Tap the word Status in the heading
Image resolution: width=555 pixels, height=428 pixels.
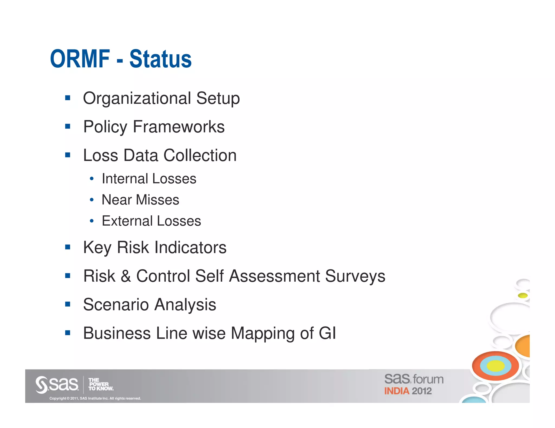coord(160,59)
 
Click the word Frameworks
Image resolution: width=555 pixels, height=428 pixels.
coord(179,127)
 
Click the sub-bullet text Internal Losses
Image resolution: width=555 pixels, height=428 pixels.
coord(149,179)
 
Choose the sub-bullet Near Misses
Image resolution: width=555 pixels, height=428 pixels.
coord(140,200)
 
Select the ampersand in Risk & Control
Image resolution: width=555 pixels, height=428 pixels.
coord(125,276)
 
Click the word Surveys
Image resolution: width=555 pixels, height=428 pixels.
coord(355,276)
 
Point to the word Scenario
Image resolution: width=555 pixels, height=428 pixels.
coord(116,305)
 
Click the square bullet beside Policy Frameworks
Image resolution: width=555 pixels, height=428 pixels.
coord(68,126)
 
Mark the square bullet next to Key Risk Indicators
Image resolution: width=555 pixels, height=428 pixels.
coord(68,247)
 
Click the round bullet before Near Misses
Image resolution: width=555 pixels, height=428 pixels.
coord(92,200)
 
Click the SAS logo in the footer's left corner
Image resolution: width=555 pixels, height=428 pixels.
coord(57,384)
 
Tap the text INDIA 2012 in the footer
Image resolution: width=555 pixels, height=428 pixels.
coord(408,391)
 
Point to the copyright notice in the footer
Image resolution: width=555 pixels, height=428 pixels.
coord(95,399)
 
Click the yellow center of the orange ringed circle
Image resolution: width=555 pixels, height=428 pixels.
coord(495,366)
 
